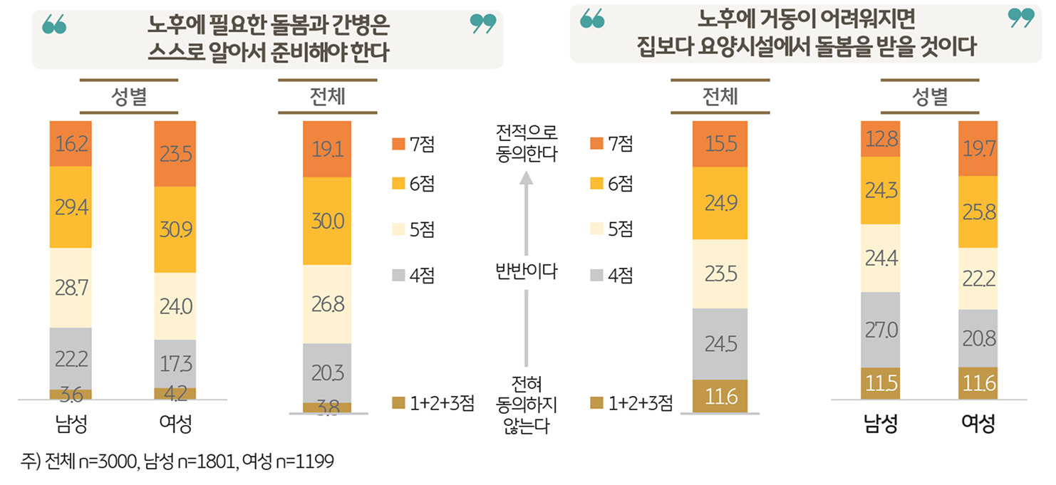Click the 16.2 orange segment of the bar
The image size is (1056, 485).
[71, 144]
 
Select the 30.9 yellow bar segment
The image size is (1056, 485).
[175, 229]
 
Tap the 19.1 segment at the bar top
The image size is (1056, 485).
[326, 149]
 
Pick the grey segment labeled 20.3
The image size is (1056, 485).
[326, 372]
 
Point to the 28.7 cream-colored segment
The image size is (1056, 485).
[71, 288]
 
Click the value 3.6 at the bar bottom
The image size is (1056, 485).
[71, 394]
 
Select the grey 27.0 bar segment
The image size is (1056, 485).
[882, 330]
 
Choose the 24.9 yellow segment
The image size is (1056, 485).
[720, 204]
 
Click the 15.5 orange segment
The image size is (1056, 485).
[720, 144]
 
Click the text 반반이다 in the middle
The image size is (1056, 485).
[526, 271]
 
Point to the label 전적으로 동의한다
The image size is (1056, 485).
[526, 143]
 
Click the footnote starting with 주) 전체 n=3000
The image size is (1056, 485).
[177, 461]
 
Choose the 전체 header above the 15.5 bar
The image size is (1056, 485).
[720, 97]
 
